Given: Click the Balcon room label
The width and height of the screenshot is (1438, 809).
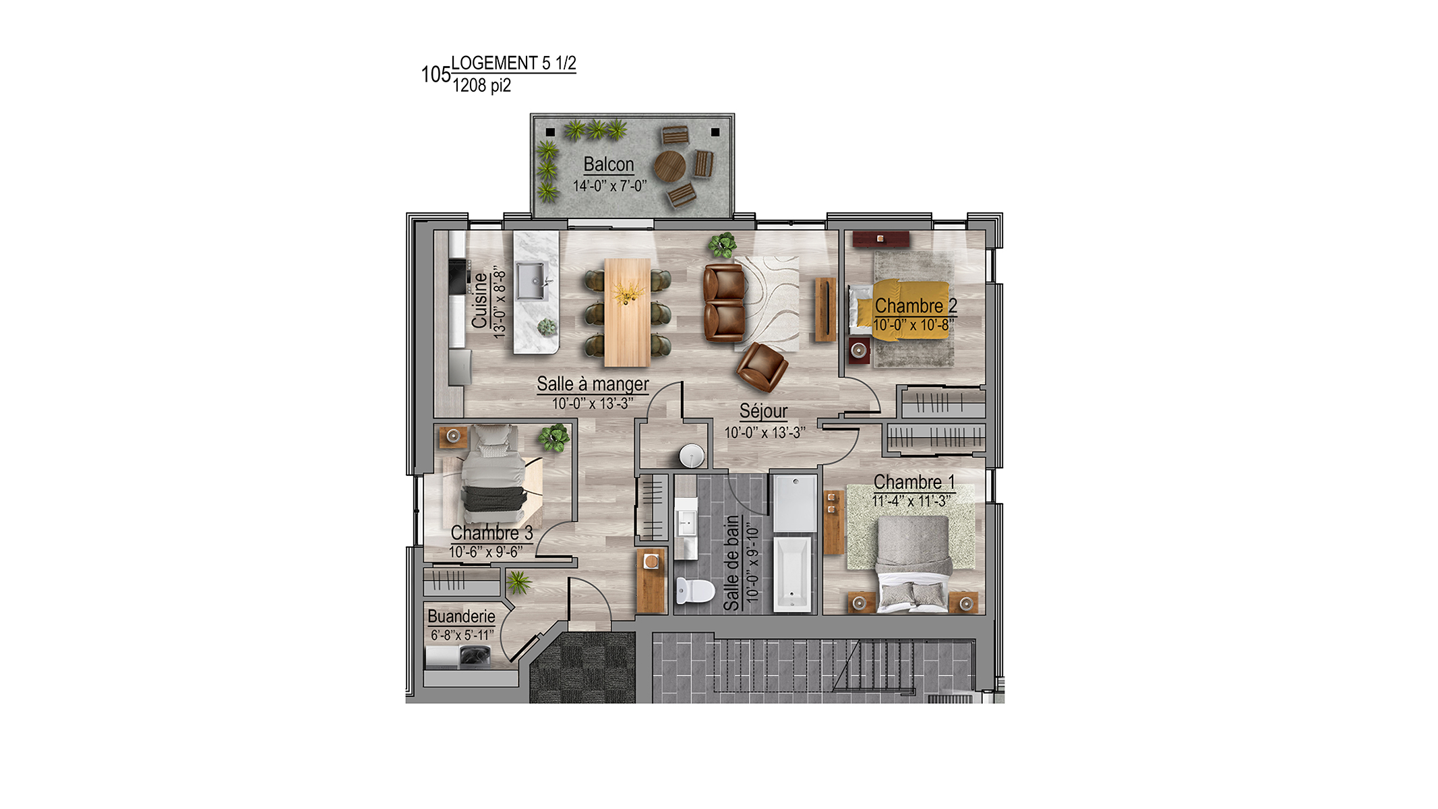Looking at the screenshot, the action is (x=609, y=164).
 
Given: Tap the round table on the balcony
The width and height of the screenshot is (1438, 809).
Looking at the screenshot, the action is (x=669, y=166).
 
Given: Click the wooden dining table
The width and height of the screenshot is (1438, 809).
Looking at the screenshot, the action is (x=628, y=312).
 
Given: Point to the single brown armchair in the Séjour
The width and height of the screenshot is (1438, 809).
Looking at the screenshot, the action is (x=762, y=367).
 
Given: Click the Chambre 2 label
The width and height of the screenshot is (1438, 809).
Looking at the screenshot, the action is (x=916, y=306).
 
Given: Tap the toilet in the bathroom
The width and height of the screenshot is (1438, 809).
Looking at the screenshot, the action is (x=694, y=591).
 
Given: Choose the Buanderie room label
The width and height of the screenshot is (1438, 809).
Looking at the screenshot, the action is (x=461, y=616).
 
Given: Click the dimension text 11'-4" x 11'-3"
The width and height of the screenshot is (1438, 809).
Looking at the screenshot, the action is (x=911, y=501).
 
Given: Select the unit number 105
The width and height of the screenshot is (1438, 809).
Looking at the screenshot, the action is (x=436, y=74).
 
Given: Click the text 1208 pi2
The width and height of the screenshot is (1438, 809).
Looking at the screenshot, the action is (x=481, y=86).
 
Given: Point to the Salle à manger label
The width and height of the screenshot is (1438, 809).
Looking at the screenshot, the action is (x=593, y=384).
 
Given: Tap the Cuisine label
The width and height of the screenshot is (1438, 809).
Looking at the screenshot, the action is (x=479, y=301).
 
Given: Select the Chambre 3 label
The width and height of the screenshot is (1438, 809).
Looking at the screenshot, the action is (x=491, y=533).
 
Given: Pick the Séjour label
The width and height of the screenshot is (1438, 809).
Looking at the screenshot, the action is (x=763, y=411).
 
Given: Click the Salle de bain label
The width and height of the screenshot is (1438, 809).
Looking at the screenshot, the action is (x=731, y=563).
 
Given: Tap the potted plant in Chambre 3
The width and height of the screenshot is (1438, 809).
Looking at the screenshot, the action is (x=553, y=437).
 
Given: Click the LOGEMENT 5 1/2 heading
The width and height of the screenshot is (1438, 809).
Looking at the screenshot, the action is (x=514, y=63).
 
